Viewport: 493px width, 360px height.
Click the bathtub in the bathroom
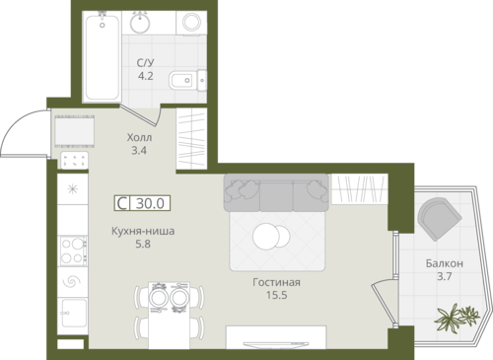click(x=102, y=56)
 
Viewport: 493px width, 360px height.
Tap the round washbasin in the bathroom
click(x=140, y=23)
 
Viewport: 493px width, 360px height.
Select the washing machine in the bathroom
click(x=191, y=23)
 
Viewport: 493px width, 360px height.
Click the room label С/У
click(x=145, y=62)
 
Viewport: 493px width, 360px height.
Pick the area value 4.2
click(x=145, y=76)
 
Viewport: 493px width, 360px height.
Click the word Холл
click(x=139, y=137)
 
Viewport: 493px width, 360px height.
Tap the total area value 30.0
click(x=150, y=203)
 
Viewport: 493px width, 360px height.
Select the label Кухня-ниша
click(x=143, y=231)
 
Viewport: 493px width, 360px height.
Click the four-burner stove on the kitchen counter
click(x=74, y=251)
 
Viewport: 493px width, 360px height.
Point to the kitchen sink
click(x=74, y=313)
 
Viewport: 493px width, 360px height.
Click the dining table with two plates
click(x=169, y=315)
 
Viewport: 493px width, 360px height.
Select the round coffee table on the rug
click(x=271, y=236)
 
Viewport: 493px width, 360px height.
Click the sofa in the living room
click(x=276, y=193)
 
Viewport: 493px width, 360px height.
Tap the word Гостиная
click(x=276, y=282)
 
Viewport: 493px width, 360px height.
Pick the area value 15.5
click(x=276, y=295)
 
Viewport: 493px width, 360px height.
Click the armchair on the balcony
click(x=440, y=219)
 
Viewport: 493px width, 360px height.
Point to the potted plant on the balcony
click(x=457, y=317)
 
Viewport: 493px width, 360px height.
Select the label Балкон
click(x=445, y=263)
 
